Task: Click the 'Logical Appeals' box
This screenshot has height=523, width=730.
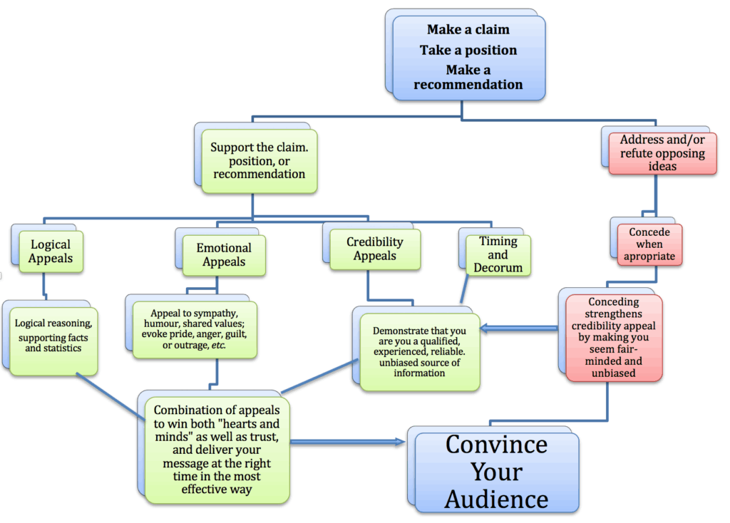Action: click(51, 251)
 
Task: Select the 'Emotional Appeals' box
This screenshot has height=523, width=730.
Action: click(224, 254)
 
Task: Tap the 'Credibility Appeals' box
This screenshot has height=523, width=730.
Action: click(375, 249)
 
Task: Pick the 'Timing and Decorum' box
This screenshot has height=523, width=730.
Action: click(498, 254)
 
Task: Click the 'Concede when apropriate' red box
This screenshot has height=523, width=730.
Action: click(649, 244)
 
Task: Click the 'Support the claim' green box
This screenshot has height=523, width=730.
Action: click(258, 161)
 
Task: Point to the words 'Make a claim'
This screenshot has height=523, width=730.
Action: click(468, 30)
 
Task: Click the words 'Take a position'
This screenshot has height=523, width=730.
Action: click(468, 51)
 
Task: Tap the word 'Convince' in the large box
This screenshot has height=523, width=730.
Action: click(496, 445)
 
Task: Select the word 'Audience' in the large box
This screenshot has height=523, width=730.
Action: click(496, 499)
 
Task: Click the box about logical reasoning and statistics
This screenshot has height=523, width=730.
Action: click(54, 335)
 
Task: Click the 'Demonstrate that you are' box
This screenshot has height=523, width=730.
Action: click(419, 350)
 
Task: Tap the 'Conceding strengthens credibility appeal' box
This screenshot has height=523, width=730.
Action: click(614, 336)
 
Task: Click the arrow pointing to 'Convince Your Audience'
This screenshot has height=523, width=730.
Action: click(349, 442)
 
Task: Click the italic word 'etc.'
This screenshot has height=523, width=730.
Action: click(231, 345)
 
